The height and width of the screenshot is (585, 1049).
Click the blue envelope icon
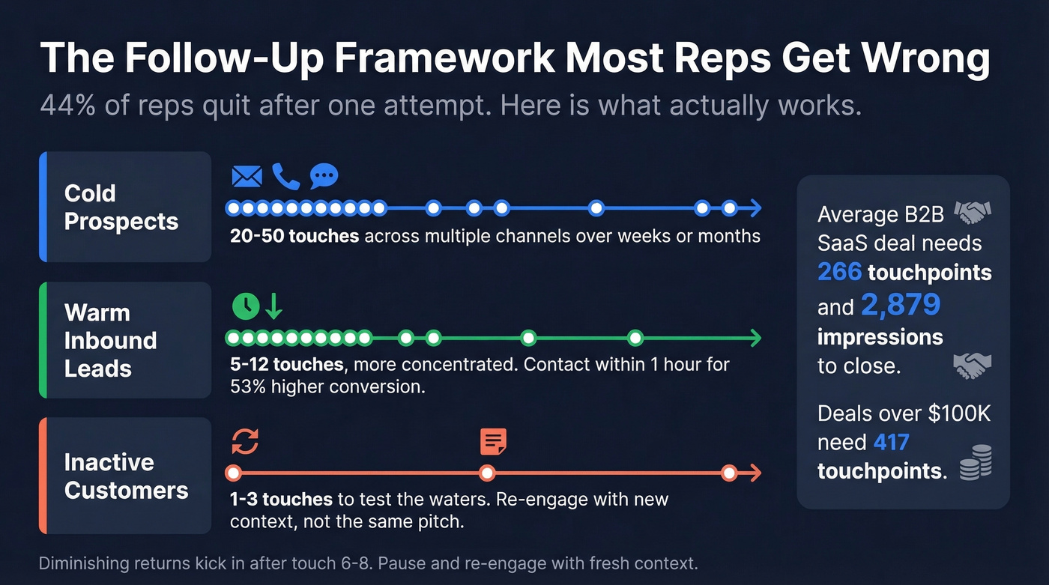click(247, 177)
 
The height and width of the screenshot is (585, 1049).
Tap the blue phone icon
click(285, 177)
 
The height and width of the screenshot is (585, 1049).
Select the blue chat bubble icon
click(324, 176)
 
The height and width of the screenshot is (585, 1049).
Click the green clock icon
click(246, 306)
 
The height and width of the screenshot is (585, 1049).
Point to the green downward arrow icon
click(273, 306)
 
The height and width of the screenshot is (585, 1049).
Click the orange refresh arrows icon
click(245, 441)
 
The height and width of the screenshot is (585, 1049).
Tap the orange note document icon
click(493, 442)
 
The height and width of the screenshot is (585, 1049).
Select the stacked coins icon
click(976, 461)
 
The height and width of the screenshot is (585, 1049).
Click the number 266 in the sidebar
click(839, 272)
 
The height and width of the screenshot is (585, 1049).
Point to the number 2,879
click(900, 305)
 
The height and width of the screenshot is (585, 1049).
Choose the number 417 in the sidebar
click(891, 442)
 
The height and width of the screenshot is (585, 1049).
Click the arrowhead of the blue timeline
click(755, 208)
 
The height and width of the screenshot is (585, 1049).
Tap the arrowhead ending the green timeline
click(755, 339)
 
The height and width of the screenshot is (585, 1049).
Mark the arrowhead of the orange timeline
click(755, 473)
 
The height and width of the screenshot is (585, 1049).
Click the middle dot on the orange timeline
click(487, 473)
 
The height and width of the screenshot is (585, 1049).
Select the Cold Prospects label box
click(125, 207)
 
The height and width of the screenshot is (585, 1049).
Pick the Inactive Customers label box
click(125, 476)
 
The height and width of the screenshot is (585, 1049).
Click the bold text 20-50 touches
click(294, 237)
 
